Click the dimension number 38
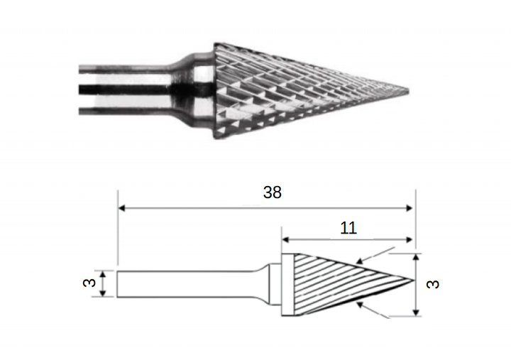coord(272,192)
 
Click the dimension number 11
coord(348,228)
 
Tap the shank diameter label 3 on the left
coord(89,283)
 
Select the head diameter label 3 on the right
coord(432,284)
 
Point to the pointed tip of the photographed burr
coord(409,91)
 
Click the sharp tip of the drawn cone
coord(414,280)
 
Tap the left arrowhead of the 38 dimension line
coord(121,208)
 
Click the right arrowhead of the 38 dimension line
coord(409,208)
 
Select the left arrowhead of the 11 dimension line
coord(285,240)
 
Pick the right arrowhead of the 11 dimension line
coord(409,240)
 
